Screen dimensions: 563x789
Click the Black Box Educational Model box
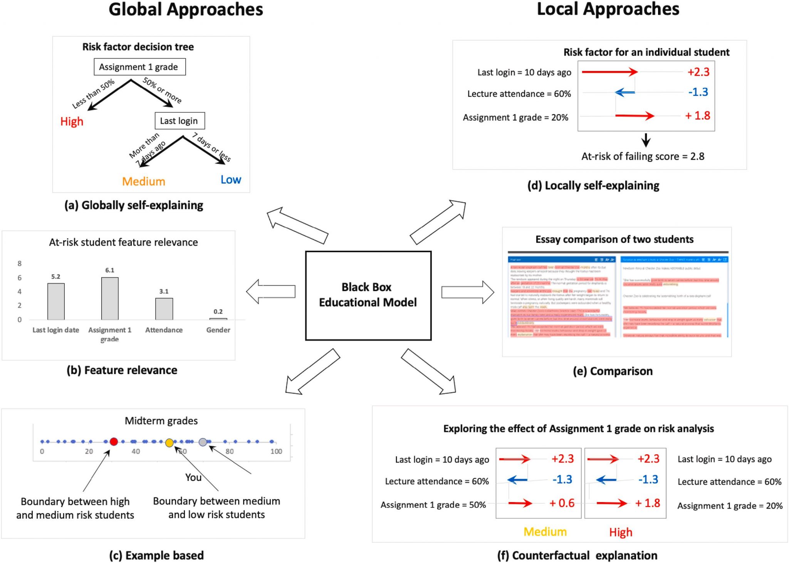[x=368, y=295]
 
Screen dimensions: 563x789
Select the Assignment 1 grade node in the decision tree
[x=139, y=67]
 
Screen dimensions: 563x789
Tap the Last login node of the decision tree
[x=179, y=121]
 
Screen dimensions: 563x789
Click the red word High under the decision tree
[x=72, y=121]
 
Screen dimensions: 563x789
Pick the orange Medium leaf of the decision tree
[x=143, y=181]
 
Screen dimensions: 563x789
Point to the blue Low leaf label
[x=231, y=180]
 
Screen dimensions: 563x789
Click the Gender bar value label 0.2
[x=218, y=312]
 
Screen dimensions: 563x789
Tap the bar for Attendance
[x=164, y=308]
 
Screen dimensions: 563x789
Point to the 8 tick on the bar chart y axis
[x=20, y=264]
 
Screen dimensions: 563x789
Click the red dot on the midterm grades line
[x=114, y=442]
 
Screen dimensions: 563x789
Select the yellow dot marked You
[x=169, y=443]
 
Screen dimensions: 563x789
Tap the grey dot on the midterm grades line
[x=203, y=442]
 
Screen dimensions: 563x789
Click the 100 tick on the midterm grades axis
[x=276, y=452]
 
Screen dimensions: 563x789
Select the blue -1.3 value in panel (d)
[x=698, y=92]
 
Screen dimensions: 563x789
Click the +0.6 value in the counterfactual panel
[x=562, y=503]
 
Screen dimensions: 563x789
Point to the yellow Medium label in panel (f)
[x=545, y=532]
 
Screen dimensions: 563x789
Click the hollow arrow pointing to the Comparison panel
[x=467, y=292]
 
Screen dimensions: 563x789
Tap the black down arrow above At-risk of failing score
[x=646, y=140]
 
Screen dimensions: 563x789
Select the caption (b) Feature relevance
[x=122, y=370]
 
